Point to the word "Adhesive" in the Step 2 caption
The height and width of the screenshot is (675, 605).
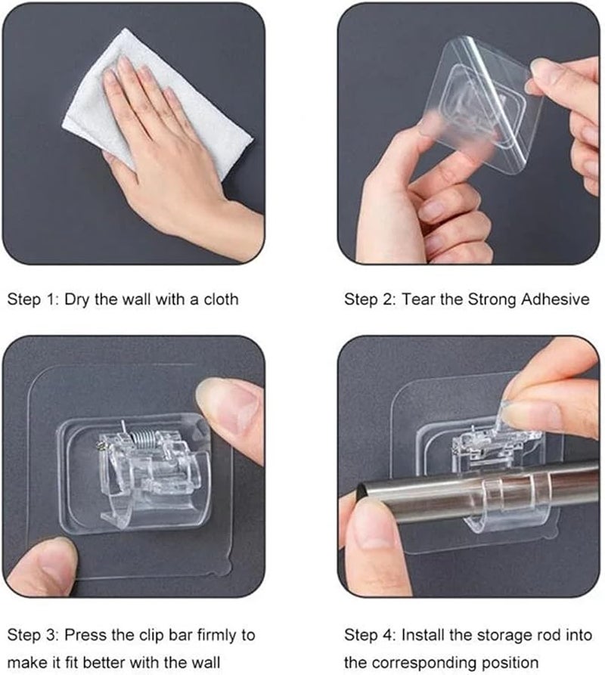[x=555, y=299]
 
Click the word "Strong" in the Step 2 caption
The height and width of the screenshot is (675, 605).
[x=492, y=299]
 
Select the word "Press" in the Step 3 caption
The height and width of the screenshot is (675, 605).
[x=85, y=635]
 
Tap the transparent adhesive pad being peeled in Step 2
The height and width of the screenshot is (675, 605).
[x=486, y=104]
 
